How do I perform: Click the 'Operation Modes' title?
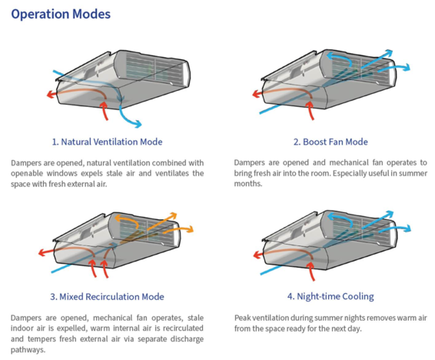click(x=61, y=14)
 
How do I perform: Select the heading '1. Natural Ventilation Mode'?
click(x=107, y=142)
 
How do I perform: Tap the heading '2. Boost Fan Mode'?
click(x=330, y=142)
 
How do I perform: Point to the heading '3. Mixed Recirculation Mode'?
click(x=107, y=297)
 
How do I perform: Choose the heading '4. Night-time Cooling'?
click(x=330, y=296)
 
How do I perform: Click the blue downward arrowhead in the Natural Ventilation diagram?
click(x=138, y=124)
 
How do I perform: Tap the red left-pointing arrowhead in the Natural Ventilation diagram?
click(x=50, y=95)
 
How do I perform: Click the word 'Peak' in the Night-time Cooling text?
click(x=242, y=318)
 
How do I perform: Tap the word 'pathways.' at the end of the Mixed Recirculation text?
click(x=28, y=350)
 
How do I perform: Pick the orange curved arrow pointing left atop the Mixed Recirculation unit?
click(x=125, y=219)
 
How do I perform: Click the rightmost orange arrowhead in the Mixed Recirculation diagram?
click(x=190, y=229)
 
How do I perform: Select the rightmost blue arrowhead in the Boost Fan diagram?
click(x=407, y=68)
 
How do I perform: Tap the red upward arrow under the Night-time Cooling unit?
click(x=312, y=271)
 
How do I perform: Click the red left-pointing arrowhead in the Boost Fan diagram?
click(x=256, y=94)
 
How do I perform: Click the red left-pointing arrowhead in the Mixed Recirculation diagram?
click(x=42, y=252)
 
